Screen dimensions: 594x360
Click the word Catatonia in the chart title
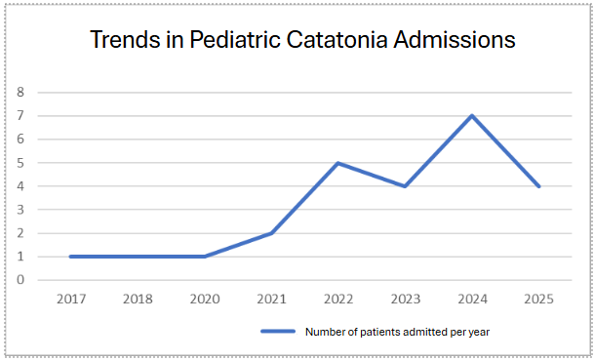[x=337, y=39]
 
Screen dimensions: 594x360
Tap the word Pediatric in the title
[x=235, y=39]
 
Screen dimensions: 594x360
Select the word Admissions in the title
[x=455, y=39]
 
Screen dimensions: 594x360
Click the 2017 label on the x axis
[x=71, y=299]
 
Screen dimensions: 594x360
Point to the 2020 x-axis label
[x=205, y=299]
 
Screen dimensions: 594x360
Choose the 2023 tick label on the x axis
[x=406, y=299]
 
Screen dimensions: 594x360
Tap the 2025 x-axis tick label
[x=538, y=299]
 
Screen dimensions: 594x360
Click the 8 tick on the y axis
[x=20, y=92]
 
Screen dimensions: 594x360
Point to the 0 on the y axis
[x=20, y=280]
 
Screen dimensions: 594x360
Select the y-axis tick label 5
[x=20, y=163]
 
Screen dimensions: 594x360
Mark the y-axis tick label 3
[x=20, y=210]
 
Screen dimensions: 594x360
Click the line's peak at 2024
[x=472, y=115]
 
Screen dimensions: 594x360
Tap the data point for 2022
[x=338, y=163]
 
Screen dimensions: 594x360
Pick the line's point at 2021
[x=271, y=233]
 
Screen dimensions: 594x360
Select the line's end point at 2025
[x=538, y=186]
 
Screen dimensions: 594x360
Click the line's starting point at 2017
[x=71, y=257]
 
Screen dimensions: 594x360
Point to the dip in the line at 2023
[x=406, y=186]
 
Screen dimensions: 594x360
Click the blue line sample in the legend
[x=278, y=331]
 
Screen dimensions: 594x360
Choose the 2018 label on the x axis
[x=138, y=299]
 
